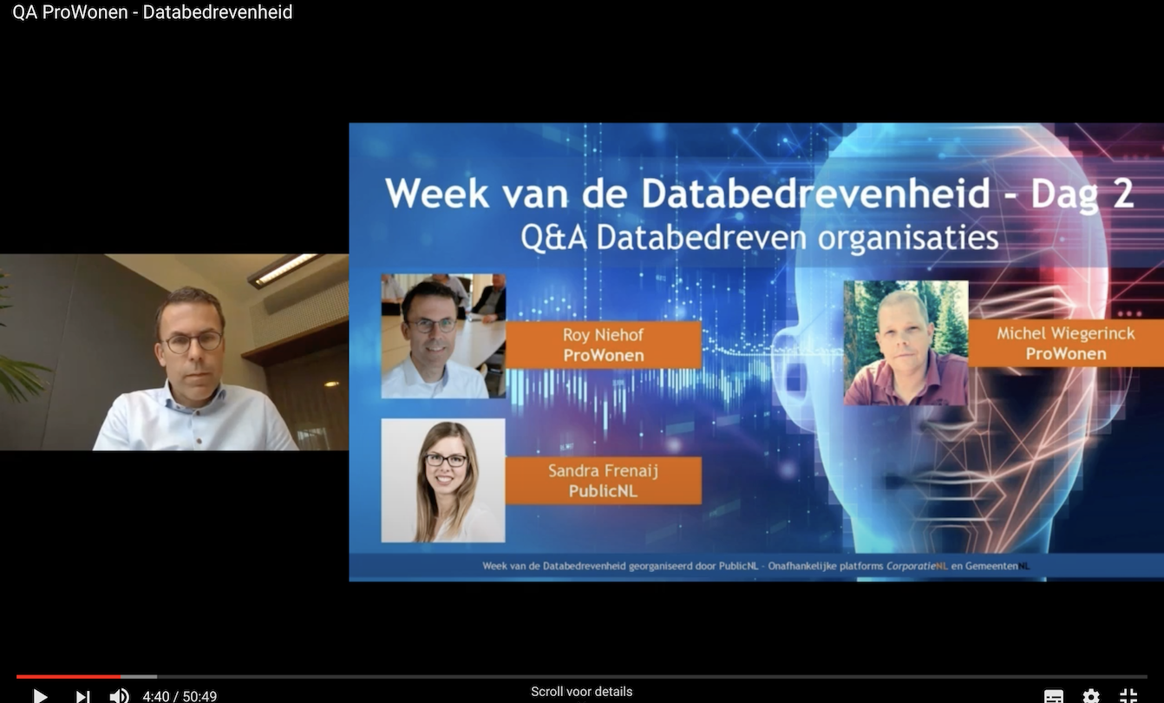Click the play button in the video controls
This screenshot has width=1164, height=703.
click(40, 696)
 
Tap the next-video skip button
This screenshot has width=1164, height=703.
click(82, 696)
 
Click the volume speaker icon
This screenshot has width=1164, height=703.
click(120, 696)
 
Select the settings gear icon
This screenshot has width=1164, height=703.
click(1091, 696)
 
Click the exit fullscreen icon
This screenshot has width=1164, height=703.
click(1128, 696)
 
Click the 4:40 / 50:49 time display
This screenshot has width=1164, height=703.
click(180, 696)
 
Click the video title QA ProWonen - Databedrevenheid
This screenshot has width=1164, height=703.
click(153, 12)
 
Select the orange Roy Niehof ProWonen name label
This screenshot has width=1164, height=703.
click(604, 345)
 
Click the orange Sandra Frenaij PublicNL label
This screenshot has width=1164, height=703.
click(604, 481)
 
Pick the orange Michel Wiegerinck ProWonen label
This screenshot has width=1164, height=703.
click(1065, 343)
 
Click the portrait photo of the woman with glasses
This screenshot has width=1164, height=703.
click(443, 481)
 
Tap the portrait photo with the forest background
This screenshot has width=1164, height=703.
click(906, 343)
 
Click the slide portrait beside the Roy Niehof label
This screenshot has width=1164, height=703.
click(443, 336)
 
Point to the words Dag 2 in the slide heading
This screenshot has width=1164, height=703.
click(1082, 194)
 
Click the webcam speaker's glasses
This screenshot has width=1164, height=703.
click(193, 342)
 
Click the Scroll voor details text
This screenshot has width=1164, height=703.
click(581, 692)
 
